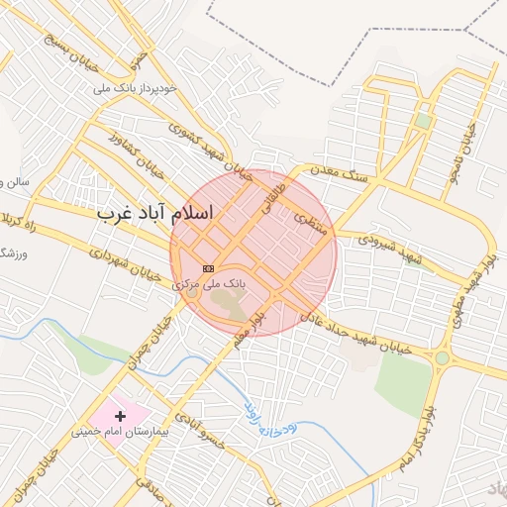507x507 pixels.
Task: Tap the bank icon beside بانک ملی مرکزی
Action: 208,268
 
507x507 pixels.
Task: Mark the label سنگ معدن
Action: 340,172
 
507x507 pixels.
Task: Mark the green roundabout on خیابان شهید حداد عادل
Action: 442,357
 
